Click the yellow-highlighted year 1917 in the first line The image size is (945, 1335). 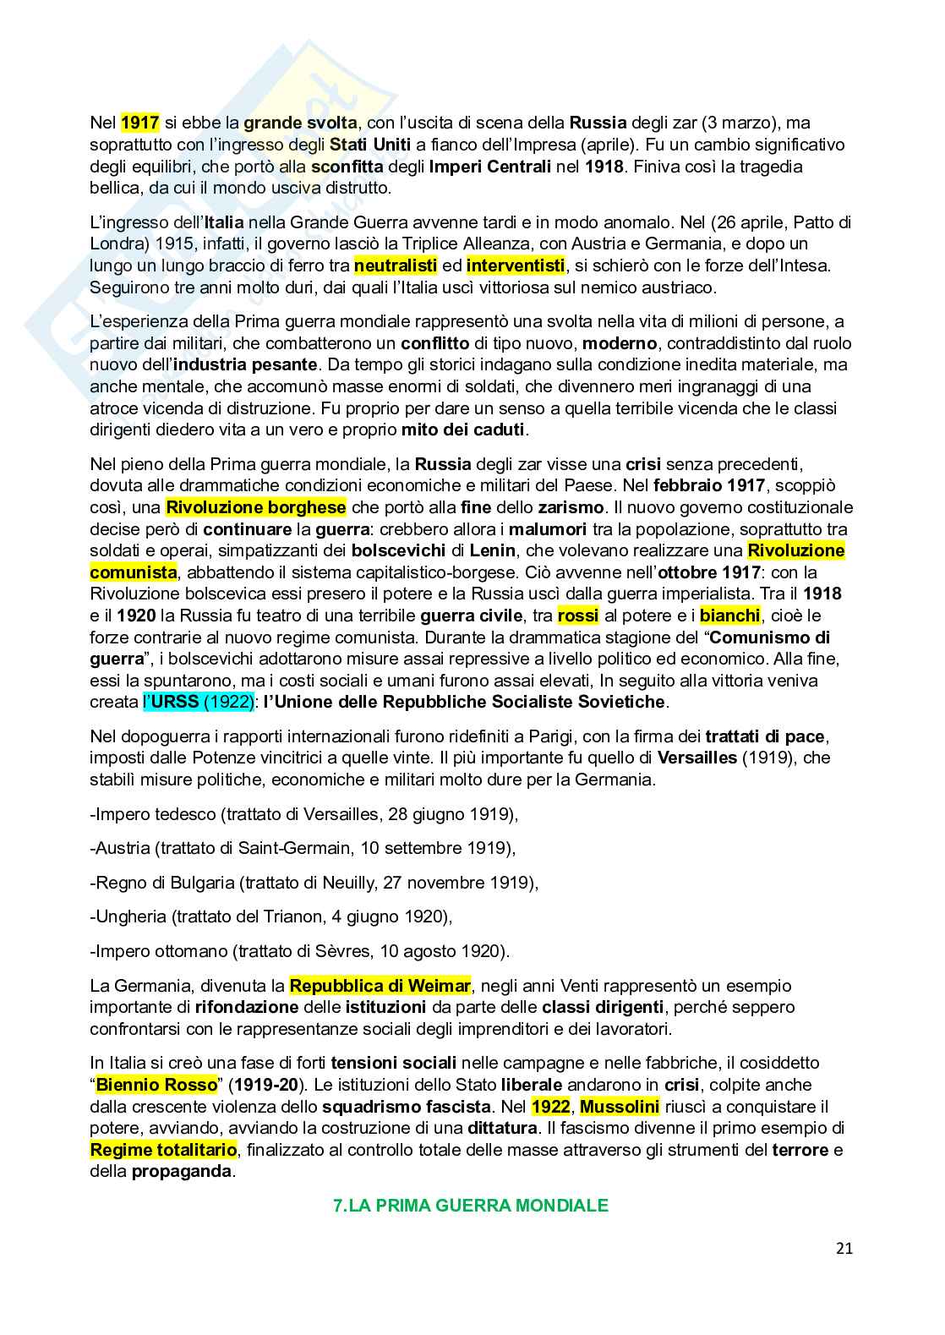[x=140, y=123]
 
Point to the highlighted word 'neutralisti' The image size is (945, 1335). [x=396, y=266]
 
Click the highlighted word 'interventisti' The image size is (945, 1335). [x=515, y=266]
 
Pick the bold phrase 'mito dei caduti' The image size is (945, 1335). [x=463, y=430]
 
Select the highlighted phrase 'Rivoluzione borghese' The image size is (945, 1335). [x=256, y=508]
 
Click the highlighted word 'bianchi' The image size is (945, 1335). [x=730, y=616]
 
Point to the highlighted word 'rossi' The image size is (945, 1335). [x=578, y=616]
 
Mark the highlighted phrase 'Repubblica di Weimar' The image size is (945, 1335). [x=380, y=986]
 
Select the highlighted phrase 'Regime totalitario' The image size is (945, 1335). [x=164, y=1150]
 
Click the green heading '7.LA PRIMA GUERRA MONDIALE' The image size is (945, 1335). [x=472, y=1206]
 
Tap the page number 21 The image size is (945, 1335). [x=844, y=1248]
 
